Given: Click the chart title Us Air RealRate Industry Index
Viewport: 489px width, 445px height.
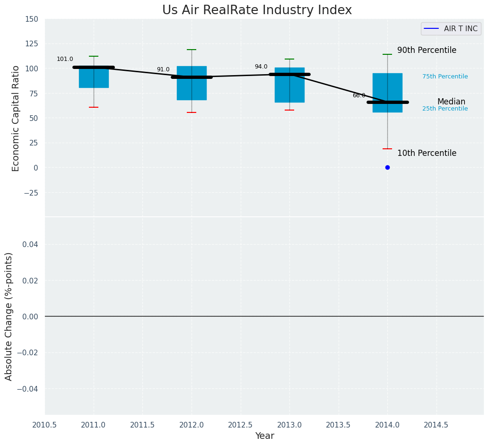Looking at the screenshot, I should tap(257, 10).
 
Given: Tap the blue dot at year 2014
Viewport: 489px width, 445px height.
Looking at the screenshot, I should tap(387, 167).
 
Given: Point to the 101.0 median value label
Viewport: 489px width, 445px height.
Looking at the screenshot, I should tap(65, 60).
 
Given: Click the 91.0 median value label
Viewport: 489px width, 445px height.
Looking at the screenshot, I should tap(163, 70).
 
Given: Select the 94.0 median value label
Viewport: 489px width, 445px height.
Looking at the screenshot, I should tap(261, 67).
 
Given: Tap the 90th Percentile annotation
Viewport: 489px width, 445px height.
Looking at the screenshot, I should tap(427, 51).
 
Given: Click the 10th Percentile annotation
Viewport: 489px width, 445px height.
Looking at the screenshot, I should tap(427, 154).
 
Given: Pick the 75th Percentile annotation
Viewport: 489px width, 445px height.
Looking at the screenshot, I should tap(445, 77).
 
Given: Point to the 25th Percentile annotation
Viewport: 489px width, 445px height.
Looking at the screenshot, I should tap(445, 109).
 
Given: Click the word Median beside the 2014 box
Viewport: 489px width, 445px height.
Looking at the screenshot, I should tap(451, 102).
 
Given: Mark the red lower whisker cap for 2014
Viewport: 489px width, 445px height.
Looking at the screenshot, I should tap(387, 149).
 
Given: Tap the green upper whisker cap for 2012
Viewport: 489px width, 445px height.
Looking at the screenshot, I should tap(192, 50).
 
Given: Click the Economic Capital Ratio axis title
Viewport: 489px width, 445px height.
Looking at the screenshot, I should tap(16, 118).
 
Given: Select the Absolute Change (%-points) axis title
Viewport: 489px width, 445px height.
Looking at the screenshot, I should tap(9, 316).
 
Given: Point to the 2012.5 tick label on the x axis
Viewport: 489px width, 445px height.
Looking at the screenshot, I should tap(240, 425).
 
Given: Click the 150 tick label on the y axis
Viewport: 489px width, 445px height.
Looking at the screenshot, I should tap(32, 19).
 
